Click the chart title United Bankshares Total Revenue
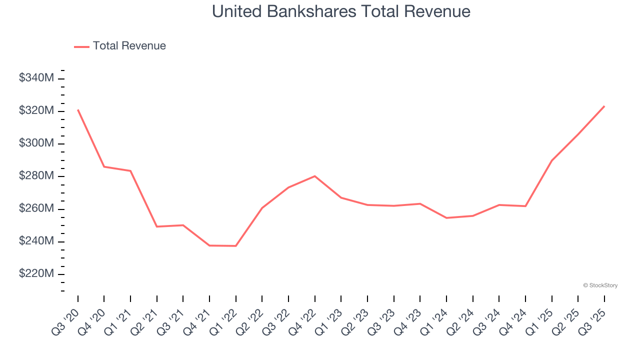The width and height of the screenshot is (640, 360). pyautogui.click(x=341, y=11)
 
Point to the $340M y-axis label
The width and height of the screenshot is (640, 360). pyautogui.click(x=36, y=78)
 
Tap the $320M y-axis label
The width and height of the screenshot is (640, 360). pyautogui.click(x=36, y=110)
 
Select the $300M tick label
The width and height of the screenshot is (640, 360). pyautogui.click(x=36, y=143)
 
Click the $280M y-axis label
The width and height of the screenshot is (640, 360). pyautogui.click(x=36, y=176)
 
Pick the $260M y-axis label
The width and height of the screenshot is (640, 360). pyautogui.click(x=36, y=208)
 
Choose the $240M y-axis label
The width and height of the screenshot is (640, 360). pyautogui.click(x=36, y=241)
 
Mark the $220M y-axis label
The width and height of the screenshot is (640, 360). pyautogui.click(x=36, y=274)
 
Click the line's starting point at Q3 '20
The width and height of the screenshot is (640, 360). pyautogui.click(x=78, y=109)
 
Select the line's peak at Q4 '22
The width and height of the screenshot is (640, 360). pyautogui.click(x=315, y=176)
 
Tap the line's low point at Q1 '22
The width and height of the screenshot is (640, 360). pyautogui.click(x=236, y=246)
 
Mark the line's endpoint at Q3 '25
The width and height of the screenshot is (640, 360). pyautogui.click(x=604, y=106)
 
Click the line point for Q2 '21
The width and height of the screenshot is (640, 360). pyautogui.click(x=157, y=226)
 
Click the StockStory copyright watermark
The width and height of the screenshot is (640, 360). pyautogui.click(x=600, y=285)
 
